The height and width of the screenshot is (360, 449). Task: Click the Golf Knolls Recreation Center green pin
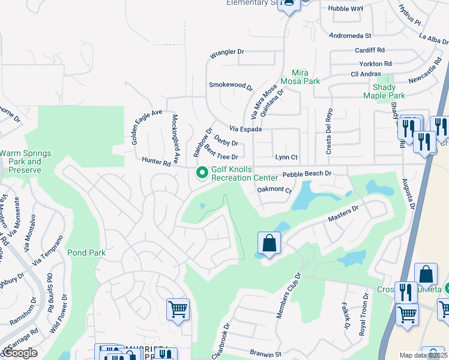click(202, 173)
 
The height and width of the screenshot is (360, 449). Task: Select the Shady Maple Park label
click(384, 91)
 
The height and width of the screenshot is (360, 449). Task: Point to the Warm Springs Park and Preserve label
click(21, 161)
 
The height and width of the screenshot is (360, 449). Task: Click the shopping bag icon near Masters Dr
click(269, 244)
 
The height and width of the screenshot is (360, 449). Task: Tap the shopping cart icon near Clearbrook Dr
click(178, 310)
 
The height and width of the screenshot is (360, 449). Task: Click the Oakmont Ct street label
click(274, 190)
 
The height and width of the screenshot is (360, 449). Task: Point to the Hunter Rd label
click(157, 161)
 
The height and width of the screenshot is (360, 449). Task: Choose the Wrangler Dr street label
click(226, 53)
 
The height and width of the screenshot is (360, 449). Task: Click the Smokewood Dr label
click(231, 86)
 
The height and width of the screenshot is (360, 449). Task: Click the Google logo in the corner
click(20, 353)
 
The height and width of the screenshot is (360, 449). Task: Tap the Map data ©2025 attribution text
click(423, 355)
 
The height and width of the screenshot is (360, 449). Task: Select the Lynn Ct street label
click(286, 157)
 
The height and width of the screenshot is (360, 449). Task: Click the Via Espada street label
click(245, 129)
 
